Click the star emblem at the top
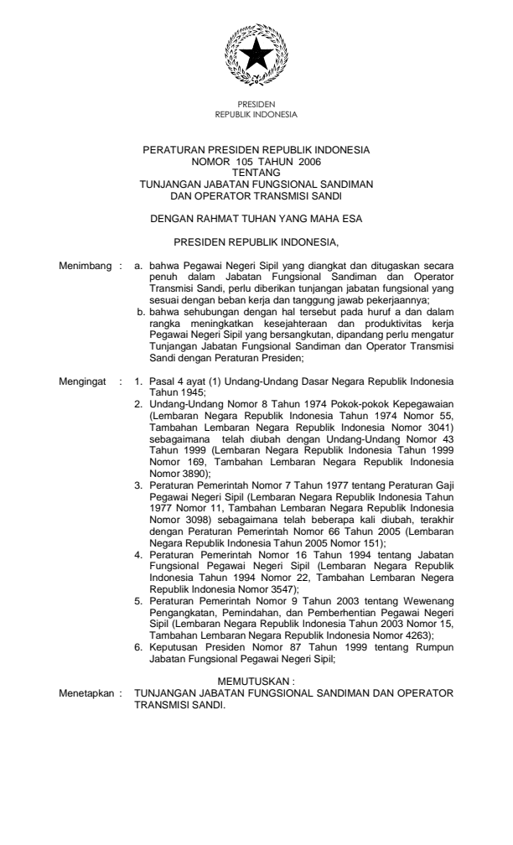(256, 55)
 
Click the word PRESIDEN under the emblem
(256, 105)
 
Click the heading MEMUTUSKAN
(256, 685)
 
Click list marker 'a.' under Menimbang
(139, 265)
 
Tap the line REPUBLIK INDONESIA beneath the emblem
(256, 112)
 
